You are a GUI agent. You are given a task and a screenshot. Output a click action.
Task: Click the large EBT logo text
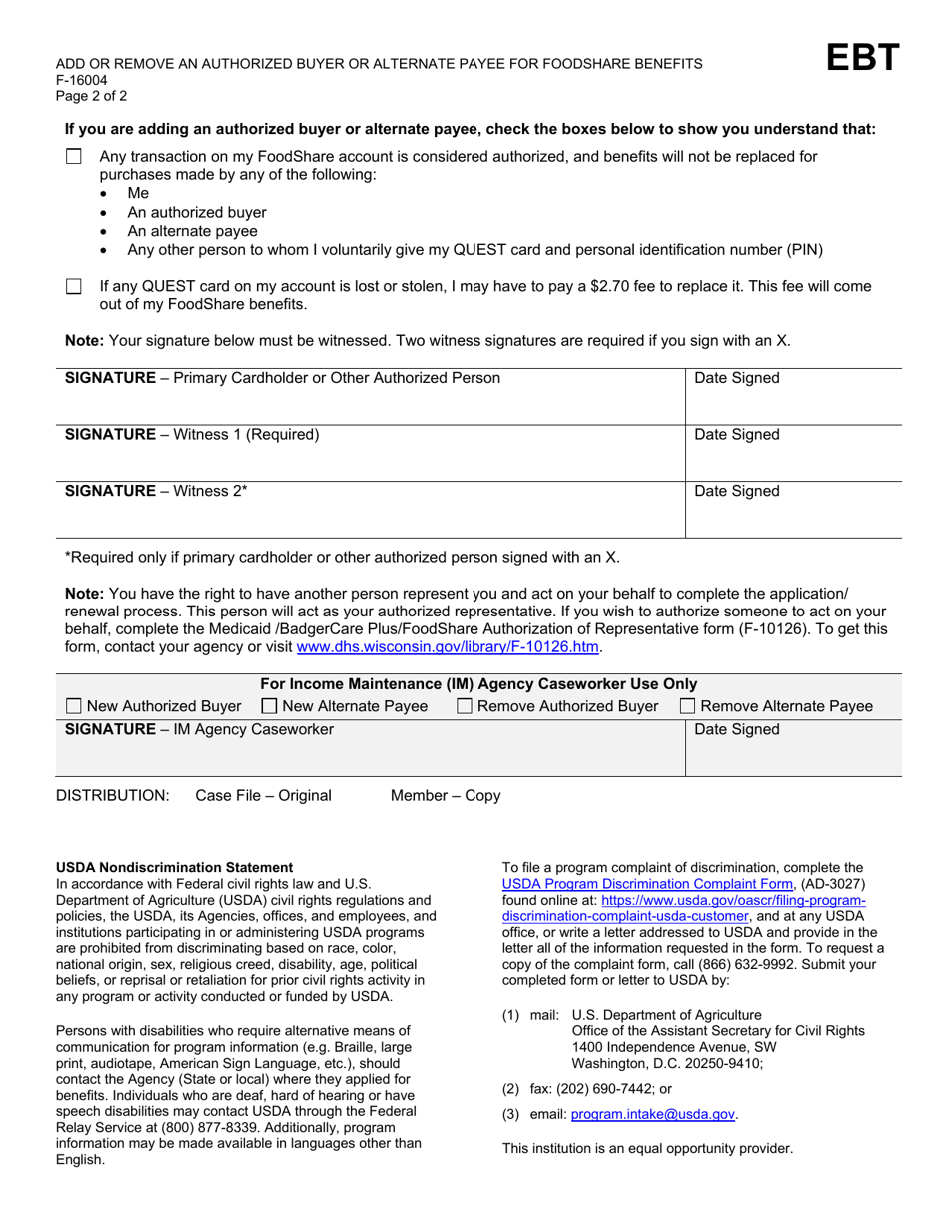pos(863,59)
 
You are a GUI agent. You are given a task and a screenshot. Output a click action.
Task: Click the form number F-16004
pos(82,80)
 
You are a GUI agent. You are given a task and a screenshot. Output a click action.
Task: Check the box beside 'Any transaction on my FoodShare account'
pos(73,157)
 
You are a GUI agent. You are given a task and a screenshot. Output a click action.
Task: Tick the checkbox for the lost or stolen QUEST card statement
pos(73,287)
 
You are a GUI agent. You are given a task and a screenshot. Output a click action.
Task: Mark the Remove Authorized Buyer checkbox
pos(466,707)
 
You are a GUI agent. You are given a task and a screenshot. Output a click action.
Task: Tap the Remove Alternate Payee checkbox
pos(688,707)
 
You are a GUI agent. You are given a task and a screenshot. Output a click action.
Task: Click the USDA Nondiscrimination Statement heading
pos(174,867)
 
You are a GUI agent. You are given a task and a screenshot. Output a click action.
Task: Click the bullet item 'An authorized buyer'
pos(197,212)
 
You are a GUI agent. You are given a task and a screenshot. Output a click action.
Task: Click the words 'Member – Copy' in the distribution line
pos(446,796)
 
